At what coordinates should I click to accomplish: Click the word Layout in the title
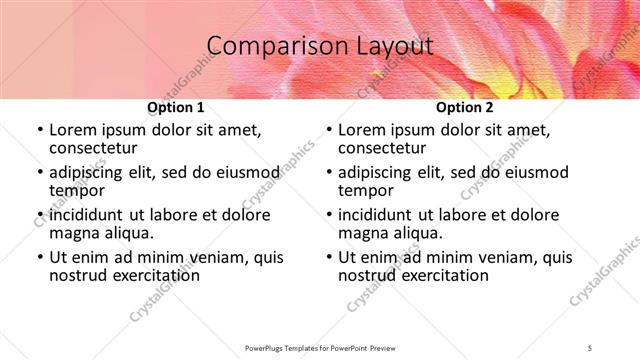pyautogui.click(x=392, y=46)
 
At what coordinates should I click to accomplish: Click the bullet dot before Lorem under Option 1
pyautogui.click(x=39, y=131)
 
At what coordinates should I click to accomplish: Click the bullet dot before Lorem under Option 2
pyautogui.click(x=328, y=131)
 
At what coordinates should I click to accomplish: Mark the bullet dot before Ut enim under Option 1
pyautogui.click(x=39, y=257)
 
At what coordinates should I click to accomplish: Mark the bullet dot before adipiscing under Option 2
pyautogui.click(x=328, y=173)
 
